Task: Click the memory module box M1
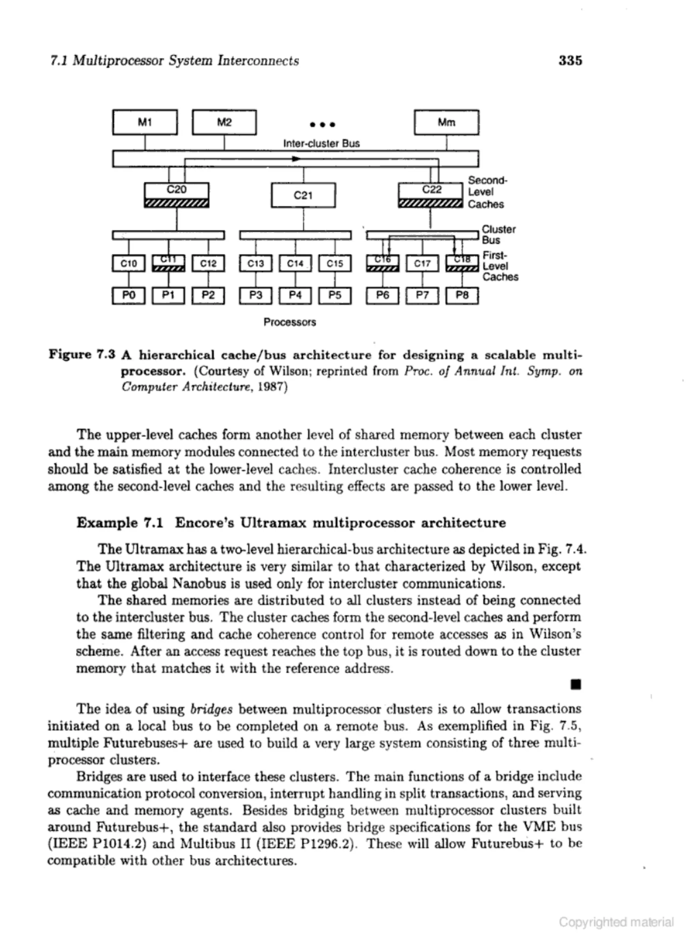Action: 145,122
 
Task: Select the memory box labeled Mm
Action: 446,122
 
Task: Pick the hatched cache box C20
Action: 176,195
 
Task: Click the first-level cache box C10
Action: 128,263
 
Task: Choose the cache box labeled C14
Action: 295,263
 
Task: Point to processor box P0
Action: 128,295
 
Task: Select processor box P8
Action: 462,295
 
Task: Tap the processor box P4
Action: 295,295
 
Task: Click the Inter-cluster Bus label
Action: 321,144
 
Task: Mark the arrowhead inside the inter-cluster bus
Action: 296,159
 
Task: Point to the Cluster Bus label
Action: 498,235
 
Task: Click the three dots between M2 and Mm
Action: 322,124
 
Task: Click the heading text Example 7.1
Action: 120,523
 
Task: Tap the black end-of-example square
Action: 576,685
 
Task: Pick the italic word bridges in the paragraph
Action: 211,709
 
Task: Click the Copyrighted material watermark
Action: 616,922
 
